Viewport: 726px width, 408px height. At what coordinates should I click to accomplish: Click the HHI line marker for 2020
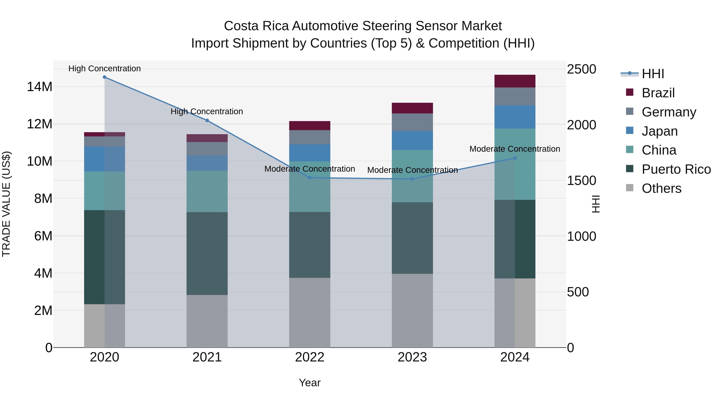pos(104,77)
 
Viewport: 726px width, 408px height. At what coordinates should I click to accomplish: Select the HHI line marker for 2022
pos(310,178)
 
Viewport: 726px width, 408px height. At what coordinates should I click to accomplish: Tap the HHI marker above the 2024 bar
pos(515,158)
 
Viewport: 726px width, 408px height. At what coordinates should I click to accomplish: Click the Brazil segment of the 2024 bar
pos(515,81)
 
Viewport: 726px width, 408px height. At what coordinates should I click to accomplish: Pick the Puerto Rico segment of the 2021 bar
pos(207,253)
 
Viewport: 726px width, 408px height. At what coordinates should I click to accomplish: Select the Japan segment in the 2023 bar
pos(412,140)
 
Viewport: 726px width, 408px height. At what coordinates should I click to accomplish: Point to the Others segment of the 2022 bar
pos(310,312)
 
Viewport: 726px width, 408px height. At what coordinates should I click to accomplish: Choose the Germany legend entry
pos(669,112)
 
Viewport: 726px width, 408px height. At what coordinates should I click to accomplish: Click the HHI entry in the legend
pos(653,74)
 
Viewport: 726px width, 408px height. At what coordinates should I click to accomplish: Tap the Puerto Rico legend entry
pos(676,169)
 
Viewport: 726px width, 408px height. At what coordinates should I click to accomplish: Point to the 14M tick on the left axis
pos(40,86)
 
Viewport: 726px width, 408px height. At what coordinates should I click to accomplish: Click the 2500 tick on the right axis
pos(581,69)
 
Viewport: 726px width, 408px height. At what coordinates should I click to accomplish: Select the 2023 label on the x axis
pos(412,357)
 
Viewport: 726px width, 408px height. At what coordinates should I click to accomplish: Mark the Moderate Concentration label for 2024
pos(515,149)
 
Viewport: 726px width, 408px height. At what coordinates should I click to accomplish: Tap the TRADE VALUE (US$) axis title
pos(6,204)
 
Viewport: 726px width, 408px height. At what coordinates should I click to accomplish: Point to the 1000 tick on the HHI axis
pos(581,236)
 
